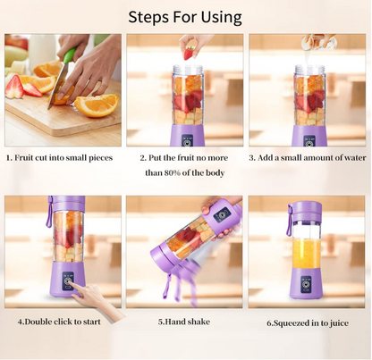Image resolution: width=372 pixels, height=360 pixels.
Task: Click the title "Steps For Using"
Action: [x=185, y=16]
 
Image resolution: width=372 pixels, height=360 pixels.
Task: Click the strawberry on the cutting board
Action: [x=16, y=86]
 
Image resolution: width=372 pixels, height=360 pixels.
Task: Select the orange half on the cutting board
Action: [x=96, y=105]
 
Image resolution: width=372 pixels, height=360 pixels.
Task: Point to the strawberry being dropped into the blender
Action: [x=188, y=53]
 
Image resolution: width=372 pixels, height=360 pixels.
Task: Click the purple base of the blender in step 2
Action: [x=188, y=136]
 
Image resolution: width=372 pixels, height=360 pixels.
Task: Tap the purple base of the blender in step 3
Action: [x=309, y=136]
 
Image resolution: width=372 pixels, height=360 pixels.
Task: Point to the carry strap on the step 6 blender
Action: [x=290, y=223]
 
